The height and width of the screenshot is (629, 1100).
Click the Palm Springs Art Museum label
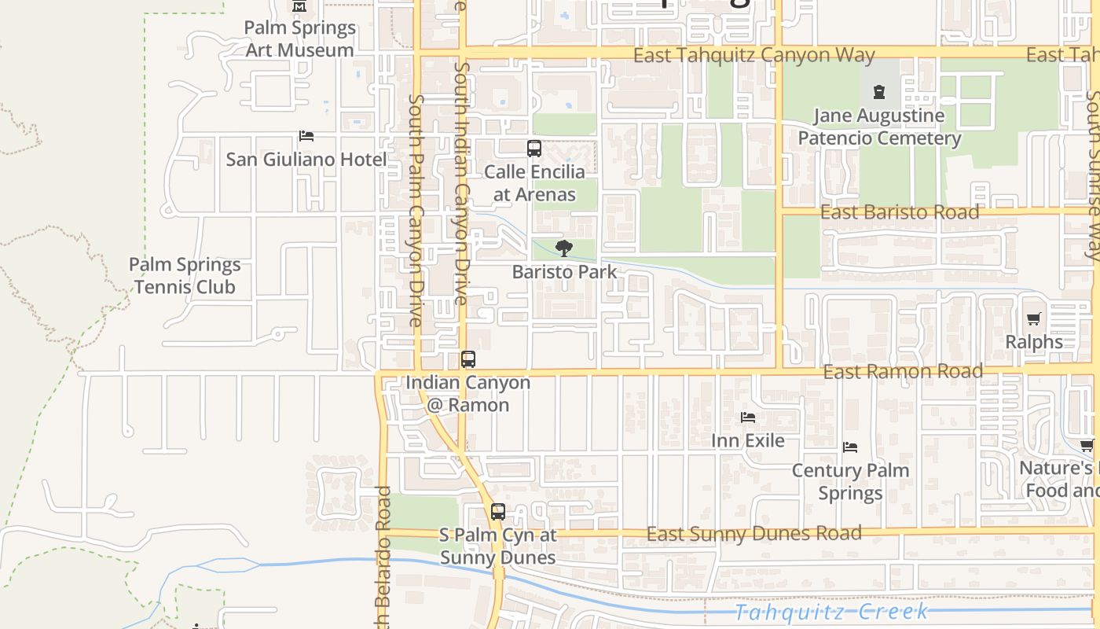[x=299, y=39]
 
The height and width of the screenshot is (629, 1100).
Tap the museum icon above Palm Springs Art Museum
[x=299, y=7]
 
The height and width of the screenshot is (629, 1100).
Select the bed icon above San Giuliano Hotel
[x=306, y=136]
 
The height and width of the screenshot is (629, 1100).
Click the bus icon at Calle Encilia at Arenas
[x=534, y=148]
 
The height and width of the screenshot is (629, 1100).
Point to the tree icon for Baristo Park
[x=563, y=248]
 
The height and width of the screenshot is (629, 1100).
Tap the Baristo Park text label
[x=564, y=272]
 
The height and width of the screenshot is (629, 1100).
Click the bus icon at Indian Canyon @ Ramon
[x=468, y=359]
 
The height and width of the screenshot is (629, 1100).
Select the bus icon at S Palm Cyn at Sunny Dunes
[x=497, y=512]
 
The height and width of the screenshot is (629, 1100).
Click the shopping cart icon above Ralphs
[x=1034, y=318]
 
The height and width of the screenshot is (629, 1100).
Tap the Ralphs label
[x=1034, y=342]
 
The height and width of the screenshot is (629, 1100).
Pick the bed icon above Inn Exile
[x=748, y=417]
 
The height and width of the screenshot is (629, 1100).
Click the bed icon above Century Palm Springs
[x=849, y=447]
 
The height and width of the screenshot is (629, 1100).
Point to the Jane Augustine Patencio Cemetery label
[x=879, y=127]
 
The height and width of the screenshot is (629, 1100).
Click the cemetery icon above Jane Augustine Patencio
[x=879, y=92]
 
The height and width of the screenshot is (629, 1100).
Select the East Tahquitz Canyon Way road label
[x=753, y=55]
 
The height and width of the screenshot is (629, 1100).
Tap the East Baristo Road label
[x=900, y=212]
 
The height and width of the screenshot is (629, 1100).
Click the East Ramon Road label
[x=903, y=371]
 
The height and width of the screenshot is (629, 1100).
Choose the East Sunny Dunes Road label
[x=753, y=534]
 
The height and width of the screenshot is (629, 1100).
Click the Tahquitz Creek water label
[x=832, y=612]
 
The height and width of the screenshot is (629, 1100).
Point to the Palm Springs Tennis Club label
[x=185, y=276]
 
